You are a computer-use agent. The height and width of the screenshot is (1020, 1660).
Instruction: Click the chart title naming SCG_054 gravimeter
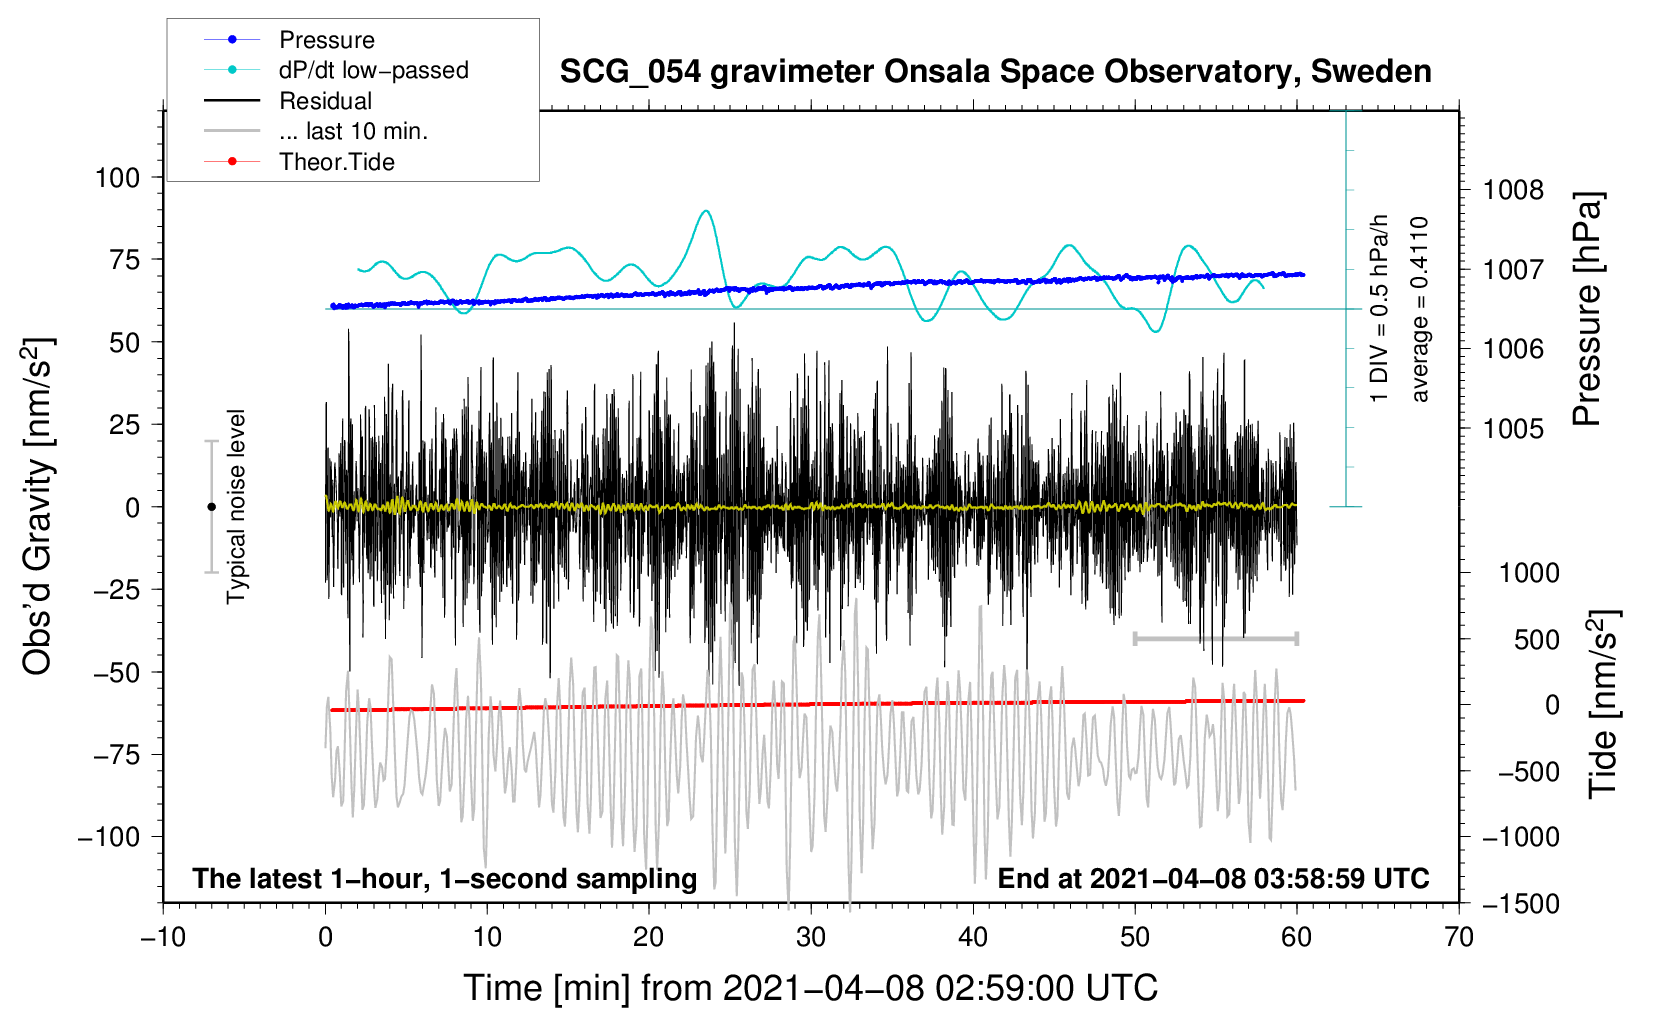tap(995, 72)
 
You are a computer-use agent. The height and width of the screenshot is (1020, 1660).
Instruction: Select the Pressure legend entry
tap(326, 40)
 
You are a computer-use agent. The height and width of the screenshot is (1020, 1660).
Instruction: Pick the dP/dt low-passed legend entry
tap(373, 70)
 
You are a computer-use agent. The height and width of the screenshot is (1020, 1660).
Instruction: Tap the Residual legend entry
tap(325, 101)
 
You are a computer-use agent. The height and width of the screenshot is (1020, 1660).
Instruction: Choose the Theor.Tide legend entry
tap(336, 162)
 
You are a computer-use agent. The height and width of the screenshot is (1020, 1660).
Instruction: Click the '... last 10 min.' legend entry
tap(353, 131)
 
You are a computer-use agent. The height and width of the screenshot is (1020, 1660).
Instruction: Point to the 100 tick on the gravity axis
tap(117, 178)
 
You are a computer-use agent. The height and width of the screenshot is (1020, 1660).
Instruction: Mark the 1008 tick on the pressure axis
tap(1513, 190)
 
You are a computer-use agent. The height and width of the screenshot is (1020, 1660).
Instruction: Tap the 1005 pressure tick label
tap(1513, 429)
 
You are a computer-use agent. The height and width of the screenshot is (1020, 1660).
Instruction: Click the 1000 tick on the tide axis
tap(1529, 573)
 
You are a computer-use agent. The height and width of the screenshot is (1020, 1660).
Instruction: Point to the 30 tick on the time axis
tap(811, 938)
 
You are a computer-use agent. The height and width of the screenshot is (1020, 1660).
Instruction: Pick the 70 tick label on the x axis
tap(1459, 938)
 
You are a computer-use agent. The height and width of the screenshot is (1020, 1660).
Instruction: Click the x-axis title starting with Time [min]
tap(810, 988)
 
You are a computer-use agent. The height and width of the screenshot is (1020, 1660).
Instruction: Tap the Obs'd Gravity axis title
tap(38, 507)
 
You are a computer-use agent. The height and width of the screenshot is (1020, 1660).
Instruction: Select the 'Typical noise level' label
tap(236, 507)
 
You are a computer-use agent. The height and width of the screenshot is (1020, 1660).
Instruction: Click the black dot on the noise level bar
tap(211, 507)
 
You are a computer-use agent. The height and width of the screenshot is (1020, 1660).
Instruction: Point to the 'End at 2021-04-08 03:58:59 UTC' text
tap(1213, 879)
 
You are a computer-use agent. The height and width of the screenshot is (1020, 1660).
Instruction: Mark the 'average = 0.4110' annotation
tap(1420, 310)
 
